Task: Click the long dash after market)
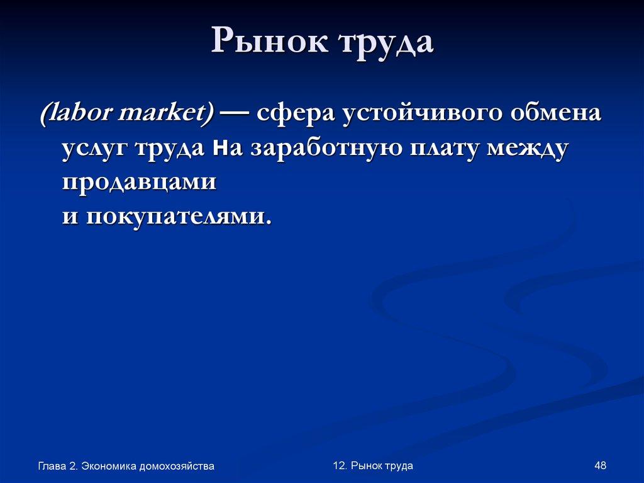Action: [x=234, y=115]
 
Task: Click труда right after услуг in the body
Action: [x=172, y=149]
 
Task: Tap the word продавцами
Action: [x=140, y=183]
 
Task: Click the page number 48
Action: [x=600, y=465]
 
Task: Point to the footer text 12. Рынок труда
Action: [x=373, y=465]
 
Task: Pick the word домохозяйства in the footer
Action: [x=177, y=467]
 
